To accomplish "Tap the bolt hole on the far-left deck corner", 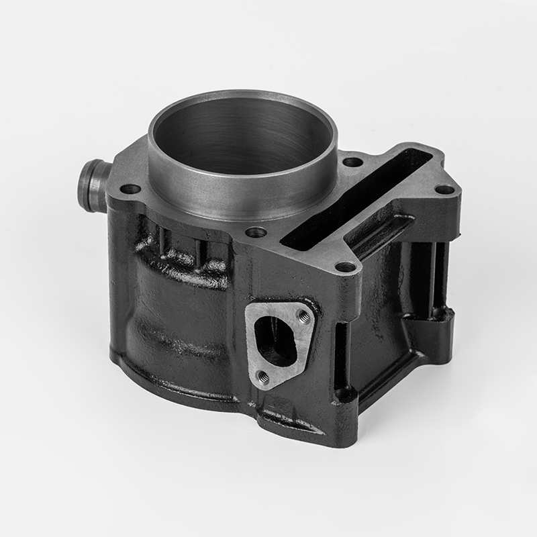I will pyautogui.click(x=132, y=189).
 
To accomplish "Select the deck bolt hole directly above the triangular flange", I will pyautogui.click(x=254, y=233).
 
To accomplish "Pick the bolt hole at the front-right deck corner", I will pyautogui.click(x=345, y=267).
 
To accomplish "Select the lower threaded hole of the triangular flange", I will pyautogui.click(x=263, y=378).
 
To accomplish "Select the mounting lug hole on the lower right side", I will pyautogui.click(x=440, y=313).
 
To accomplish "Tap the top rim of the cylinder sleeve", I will pyautogui.click(x=242, y=97).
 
